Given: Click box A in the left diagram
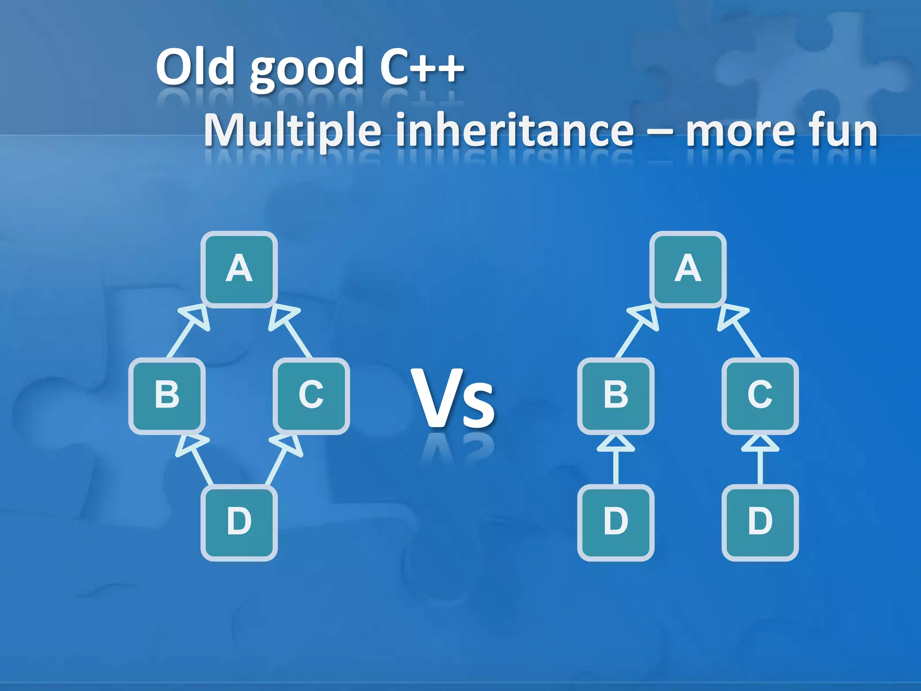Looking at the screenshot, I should [x=239, y=269].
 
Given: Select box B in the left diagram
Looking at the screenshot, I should [x=167, y=395].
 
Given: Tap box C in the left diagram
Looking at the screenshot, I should [x=311, y=395].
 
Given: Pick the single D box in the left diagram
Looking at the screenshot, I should [x=239, y=522].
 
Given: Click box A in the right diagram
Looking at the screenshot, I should [x=688, y=269].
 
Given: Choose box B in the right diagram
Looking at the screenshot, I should [x=616, y=395].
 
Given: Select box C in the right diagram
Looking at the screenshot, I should [x=760, y=395].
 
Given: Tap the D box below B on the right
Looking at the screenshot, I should [x=616, y=522].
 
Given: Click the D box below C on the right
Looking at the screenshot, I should [x=760, y=522].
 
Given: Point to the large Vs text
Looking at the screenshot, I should [x=453, y=399].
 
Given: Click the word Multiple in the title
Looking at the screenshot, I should [x=293, y=130].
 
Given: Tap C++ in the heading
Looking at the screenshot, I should [x=421, y=67].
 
